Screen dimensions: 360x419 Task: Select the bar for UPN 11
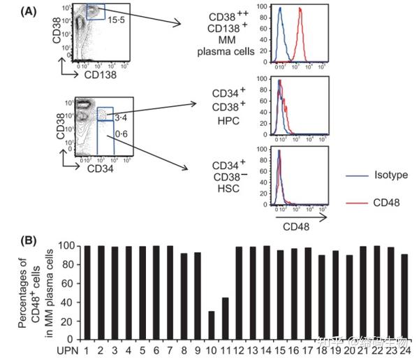226,317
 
